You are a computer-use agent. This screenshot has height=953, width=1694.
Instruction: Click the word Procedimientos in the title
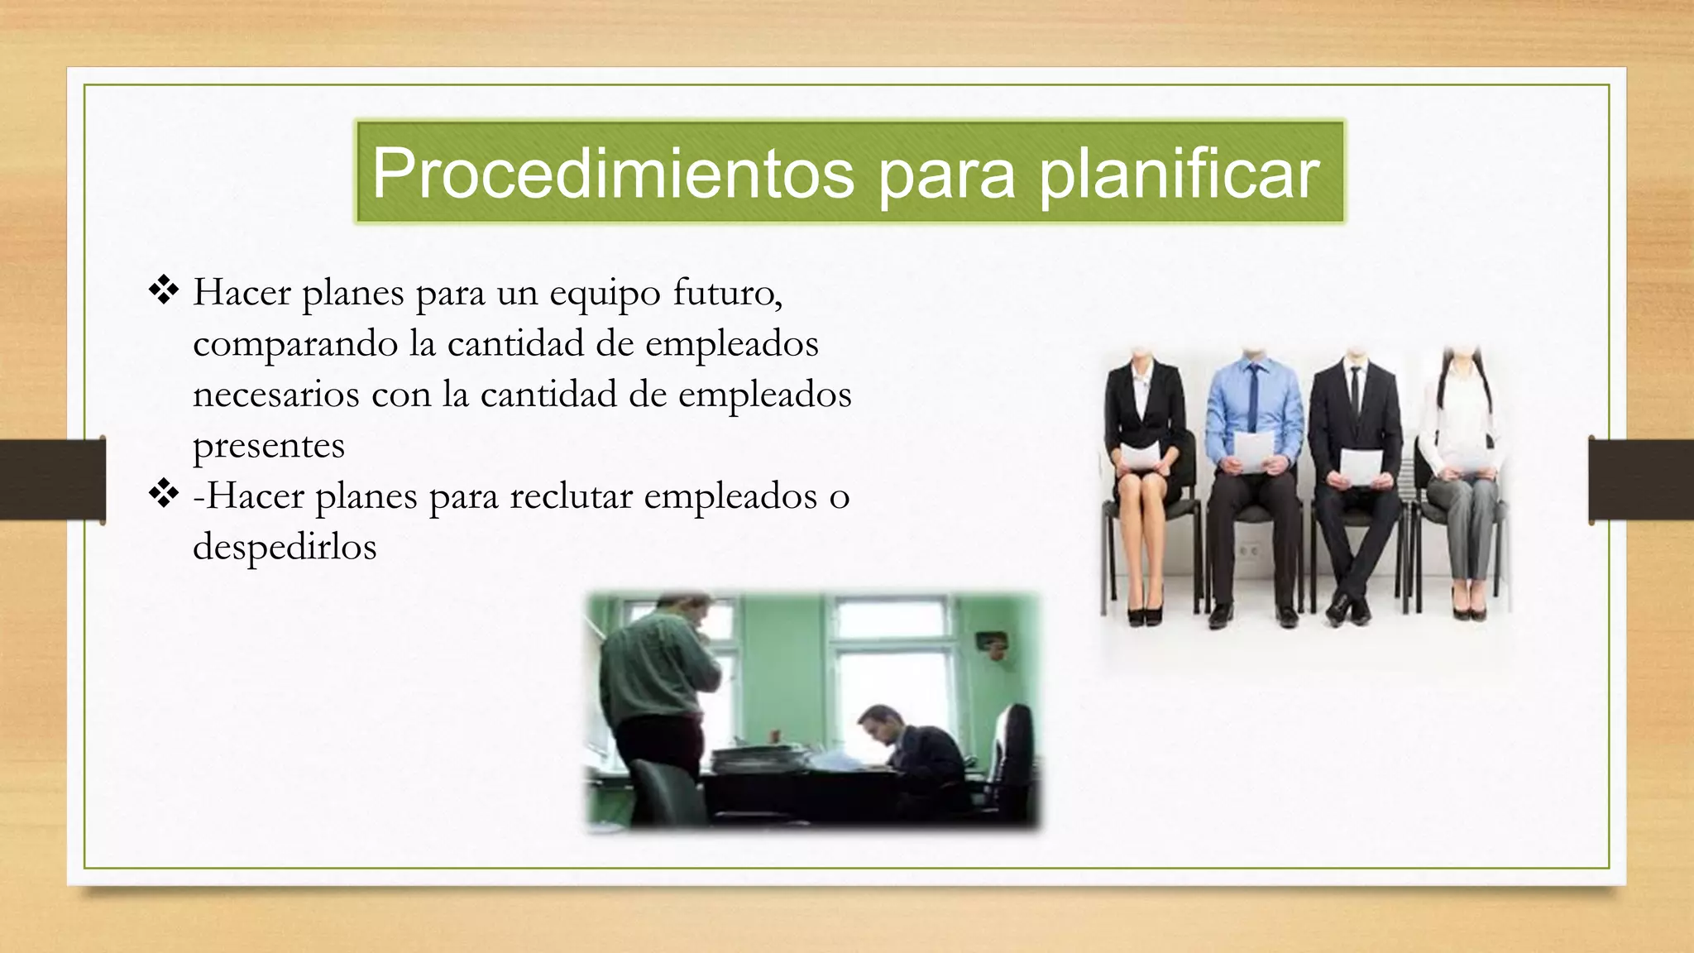[x=612, y=174]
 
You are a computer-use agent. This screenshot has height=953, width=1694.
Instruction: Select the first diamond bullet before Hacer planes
[x=164, y=290]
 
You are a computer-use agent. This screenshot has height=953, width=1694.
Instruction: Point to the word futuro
[x=727, y=292]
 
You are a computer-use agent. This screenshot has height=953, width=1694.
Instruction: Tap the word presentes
[x=268, y=446]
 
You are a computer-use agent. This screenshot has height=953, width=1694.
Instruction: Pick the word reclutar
[x=570, y=496]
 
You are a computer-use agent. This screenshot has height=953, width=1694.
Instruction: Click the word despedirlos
[x=285, y=547]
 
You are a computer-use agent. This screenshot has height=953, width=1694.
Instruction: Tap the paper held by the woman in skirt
[x=1141, y=455]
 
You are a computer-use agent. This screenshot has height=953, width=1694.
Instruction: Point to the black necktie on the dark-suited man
[x=1355, y=389]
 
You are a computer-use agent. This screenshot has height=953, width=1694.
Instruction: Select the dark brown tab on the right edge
[x=1641, y=480]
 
